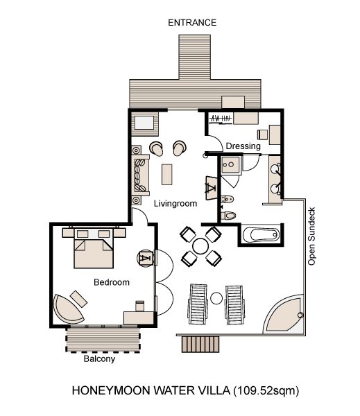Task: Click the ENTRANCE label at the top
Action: (192, 23)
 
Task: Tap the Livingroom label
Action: (175, 203)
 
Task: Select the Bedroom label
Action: (112, 282)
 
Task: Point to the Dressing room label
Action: (243, 146)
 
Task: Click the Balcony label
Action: (99, 359)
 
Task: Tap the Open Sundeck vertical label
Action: (311, 236)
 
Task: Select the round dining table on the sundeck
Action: (200, 246)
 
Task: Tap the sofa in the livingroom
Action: (140, 175)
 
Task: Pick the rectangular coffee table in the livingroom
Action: (167, 174)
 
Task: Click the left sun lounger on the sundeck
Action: (198, 304)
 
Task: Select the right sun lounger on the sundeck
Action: (234, 305)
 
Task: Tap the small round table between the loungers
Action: (216, 298)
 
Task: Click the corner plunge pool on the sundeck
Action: (285, 315)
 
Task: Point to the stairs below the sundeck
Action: (200, 344)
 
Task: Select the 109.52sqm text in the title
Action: (266, 391)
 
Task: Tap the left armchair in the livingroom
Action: (156, 148)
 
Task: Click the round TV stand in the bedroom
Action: (146, 258)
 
